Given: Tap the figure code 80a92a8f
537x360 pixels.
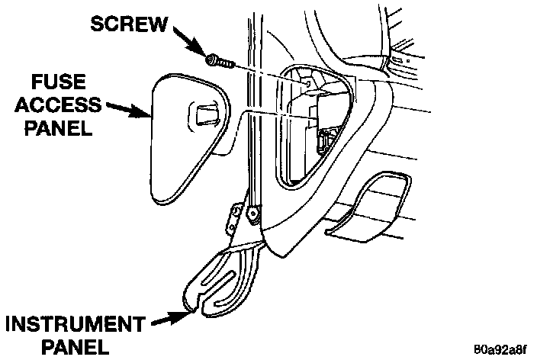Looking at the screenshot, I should click(499, 350).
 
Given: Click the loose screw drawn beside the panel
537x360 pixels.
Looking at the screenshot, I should click(219, 60).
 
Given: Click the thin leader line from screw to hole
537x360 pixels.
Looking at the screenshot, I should click(267, 69).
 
